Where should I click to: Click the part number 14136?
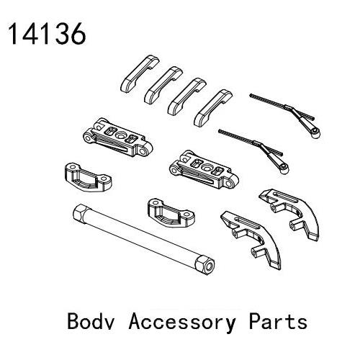(47, 34)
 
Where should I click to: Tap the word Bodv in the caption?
(91, 321)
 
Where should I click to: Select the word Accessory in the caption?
(182, 323)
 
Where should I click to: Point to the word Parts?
(278, 321)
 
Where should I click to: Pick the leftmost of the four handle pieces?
(140, 74)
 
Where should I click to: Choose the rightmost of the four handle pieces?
(213, 108)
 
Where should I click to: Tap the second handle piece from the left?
(163, 85)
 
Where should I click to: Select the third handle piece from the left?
(187, 96)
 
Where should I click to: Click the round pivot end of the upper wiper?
(315, 132)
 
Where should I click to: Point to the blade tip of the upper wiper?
(251, 95)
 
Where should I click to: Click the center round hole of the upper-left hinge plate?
(120, 135)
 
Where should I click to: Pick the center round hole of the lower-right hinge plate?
(207, 168)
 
